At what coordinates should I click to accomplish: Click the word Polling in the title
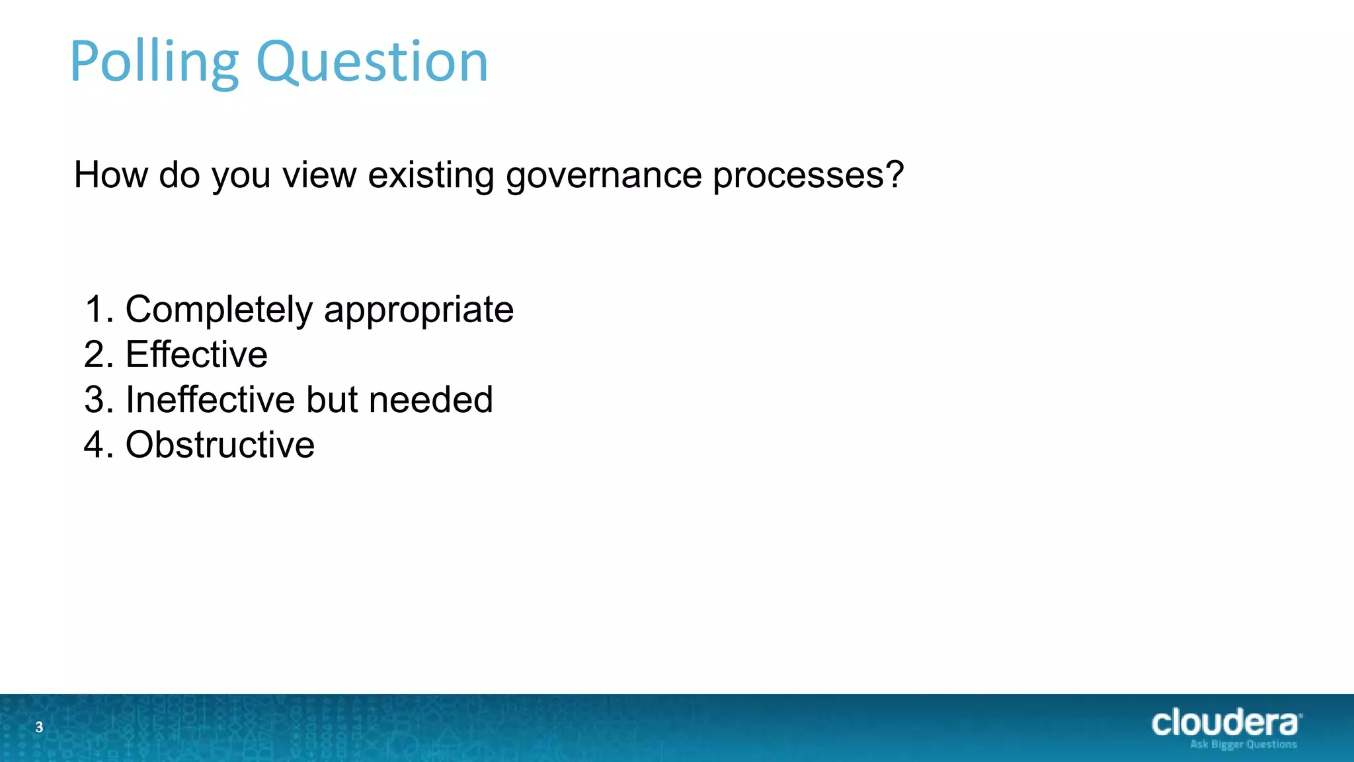(153, 63)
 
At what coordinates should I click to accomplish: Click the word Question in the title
(372, 63)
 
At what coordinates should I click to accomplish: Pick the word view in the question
(319, 175)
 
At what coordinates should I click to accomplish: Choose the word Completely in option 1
(219, 310)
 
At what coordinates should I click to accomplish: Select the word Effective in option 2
(196, 355)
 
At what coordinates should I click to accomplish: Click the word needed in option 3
(430, 400)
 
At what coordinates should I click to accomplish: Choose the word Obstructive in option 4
(220, 444)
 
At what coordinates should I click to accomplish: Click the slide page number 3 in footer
(39, 728)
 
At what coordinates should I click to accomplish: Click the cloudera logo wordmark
(1226, 722)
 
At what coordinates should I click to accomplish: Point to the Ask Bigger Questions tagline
(1243, 745)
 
